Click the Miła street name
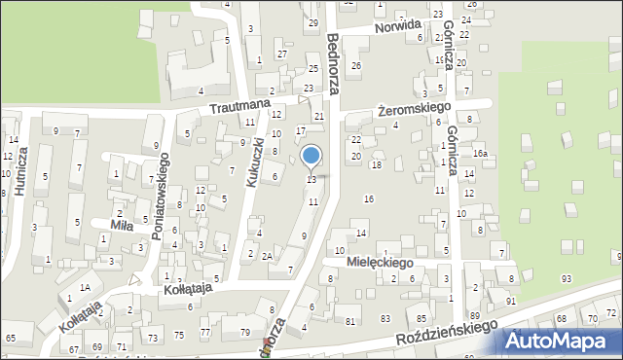pos(122,225)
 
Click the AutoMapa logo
pos(562,341)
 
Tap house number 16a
pos(479,154)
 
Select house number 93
pos(566,279)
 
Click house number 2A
pos(267,256)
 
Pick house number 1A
pos(86,287)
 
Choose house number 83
pos(385,319)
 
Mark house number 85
pos(421,318)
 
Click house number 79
pos(244,333)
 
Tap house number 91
pos(510,302)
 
